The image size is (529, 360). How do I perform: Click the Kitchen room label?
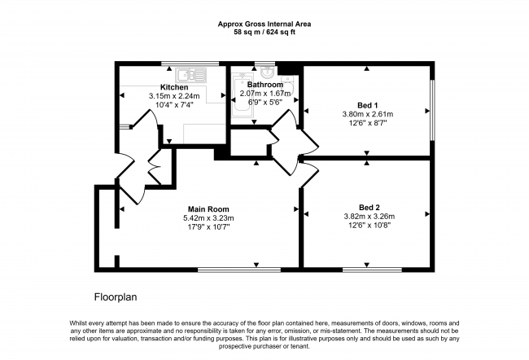click(x=174, y=87)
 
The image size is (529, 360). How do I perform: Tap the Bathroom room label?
click(x=265, y=85)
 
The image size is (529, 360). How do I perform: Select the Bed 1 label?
click(x=369, y=105)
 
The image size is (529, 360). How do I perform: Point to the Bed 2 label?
click(x=369, y=207)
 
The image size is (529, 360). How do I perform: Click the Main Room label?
click(x=208, y=209)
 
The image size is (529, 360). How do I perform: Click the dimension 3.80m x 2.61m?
click(x=369, y=114)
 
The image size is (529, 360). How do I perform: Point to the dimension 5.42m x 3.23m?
click(x=208, y=217)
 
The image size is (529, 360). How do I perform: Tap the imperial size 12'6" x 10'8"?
click(x=369, y=226)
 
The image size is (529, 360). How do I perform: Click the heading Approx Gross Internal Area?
click(x=264, y=24)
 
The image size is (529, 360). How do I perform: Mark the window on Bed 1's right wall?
click(x=431, y=108)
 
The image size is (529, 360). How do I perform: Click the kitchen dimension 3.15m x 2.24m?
click(x=174, y=96)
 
